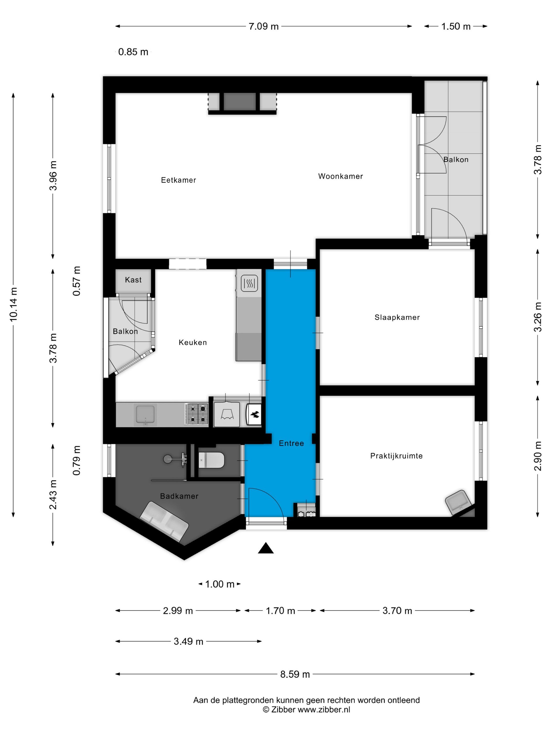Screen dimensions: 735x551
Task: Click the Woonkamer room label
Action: (x=340, y=176)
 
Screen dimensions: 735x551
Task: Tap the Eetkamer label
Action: (x=178, y=180)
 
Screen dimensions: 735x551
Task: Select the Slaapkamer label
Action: (x=397, y=317)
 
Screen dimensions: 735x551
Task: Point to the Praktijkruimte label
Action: (x=396, y=456)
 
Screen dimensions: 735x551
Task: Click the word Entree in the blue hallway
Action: (x=291, y=443)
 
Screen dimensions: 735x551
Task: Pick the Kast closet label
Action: (x=133, y=280)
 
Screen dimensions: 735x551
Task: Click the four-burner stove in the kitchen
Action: (x=197, y=414)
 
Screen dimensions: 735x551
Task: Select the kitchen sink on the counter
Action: (x=145, y=414)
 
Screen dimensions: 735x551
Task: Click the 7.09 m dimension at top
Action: (x=263, y=26)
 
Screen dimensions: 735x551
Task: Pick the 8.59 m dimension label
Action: (x=295, y=674)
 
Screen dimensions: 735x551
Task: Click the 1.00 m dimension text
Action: (x=220, y=584)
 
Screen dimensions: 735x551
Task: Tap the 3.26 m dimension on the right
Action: (x=537, y=317)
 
